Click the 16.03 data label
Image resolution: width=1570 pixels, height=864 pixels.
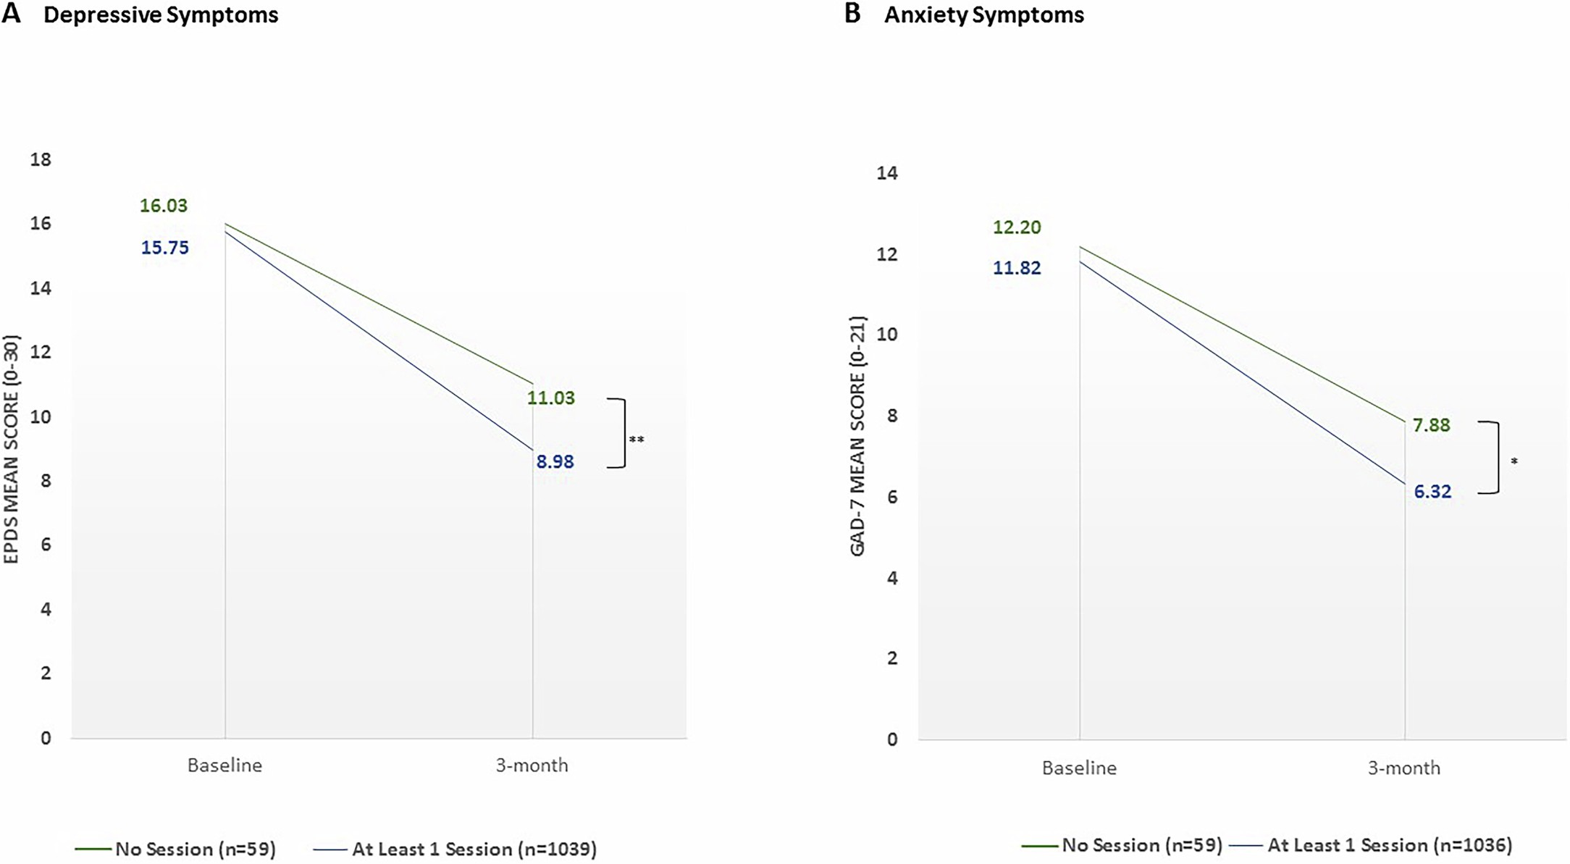click(x=164, y=206)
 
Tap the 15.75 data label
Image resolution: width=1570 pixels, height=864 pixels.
click(x=164, y=248)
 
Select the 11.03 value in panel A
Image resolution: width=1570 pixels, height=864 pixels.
click(x=551, y=398)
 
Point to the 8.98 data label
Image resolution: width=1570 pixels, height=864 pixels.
click(x=555, y=461)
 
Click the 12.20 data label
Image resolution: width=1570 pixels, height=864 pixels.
click(x=1017, y=227)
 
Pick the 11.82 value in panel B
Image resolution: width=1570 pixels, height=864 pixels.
click(x=1017, y=268)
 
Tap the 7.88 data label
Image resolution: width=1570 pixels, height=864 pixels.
click(x=1432, y=425)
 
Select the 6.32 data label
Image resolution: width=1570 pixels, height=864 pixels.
click(x=1432, y=492)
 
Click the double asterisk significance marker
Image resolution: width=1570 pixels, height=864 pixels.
click(x=636, y=440)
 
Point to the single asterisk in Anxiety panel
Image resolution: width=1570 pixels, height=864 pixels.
click(x=1514, y=461)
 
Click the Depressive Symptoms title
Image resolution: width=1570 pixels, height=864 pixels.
click(x=161, y=15)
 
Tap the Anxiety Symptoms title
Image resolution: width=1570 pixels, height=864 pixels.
click(x=983, y=15)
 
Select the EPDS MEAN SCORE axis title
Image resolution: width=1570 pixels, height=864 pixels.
click(x=12, y=449)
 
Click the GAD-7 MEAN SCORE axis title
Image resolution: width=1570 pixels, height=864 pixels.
click(x=857, y=436)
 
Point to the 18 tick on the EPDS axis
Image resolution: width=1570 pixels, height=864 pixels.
click(x=41, y=159)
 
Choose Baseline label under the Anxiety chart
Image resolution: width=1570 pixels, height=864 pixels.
click(x=1079, y=768)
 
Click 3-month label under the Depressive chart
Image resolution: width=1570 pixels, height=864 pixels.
click(x=532, y=766)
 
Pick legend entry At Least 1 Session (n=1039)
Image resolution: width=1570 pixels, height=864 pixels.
click(x=474, y=849)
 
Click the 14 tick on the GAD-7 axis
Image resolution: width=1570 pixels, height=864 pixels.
click(x=887, y=173)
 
